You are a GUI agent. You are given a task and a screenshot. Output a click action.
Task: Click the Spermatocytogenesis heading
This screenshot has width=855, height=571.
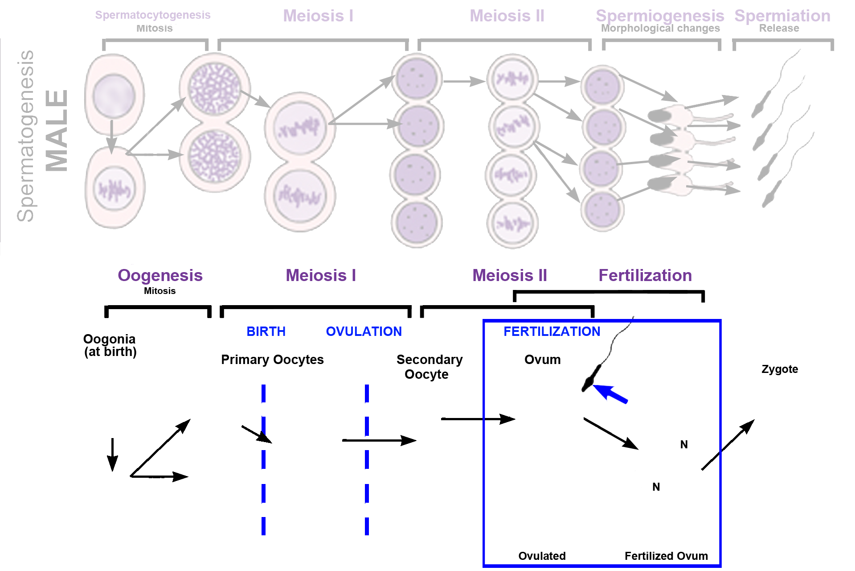(152, 15)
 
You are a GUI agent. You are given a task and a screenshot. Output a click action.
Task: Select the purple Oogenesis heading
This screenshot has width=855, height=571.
(160, 275)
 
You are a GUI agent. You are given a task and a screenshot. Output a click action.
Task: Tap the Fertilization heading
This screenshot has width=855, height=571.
(645, 275)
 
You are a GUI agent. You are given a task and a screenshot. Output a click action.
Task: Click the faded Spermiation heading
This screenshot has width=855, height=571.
(782, 16)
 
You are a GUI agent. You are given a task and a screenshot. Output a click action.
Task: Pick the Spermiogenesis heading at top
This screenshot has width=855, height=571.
(659, 16)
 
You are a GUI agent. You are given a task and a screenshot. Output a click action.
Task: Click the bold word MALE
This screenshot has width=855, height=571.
(57, 130)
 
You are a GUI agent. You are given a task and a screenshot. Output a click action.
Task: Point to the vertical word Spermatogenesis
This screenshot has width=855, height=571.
(25, 136)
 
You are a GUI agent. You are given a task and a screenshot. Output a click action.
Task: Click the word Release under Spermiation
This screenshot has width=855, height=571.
(779, 28)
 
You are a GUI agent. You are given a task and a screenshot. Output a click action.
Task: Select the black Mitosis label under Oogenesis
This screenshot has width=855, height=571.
(160, 291)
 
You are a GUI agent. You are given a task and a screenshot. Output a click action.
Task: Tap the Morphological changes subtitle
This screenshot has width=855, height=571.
(660, 28)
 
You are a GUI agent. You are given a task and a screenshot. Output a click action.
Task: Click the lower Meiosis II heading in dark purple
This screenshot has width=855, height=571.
(509, 275)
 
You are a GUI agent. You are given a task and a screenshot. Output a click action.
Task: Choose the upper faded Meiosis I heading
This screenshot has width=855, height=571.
(318, 16)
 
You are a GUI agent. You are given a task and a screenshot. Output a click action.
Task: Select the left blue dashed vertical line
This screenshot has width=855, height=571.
(263, 459)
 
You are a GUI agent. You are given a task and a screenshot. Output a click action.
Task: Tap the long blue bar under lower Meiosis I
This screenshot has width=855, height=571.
(324, 331)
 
